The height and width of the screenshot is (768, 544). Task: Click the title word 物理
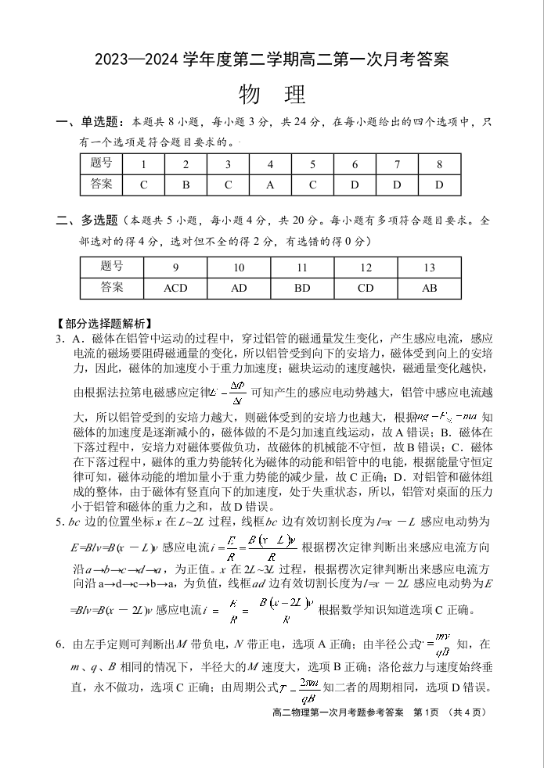[272, 94]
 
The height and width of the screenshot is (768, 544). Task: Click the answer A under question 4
[270, 185]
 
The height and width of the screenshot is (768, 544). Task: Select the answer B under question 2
[186, 185]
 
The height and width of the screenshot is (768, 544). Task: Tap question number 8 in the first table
[439, 164]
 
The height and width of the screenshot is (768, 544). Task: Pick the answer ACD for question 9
[175, 288]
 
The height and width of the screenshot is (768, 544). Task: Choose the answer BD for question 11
[302, 288]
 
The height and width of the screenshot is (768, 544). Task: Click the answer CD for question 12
[366, 288]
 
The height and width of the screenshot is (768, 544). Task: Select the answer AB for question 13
[429, 288]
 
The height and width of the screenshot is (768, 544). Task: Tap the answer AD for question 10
[239, 288]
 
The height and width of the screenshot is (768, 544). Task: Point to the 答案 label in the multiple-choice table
[112, 287]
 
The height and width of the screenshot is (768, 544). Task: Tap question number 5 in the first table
[312, 164]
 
